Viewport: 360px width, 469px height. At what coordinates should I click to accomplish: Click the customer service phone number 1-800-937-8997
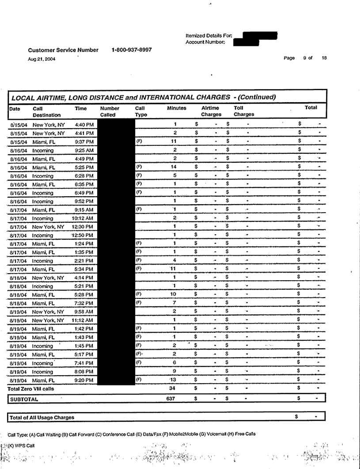(x=132, y=50)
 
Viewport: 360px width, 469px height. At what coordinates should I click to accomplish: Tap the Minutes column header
(x=176, y=108)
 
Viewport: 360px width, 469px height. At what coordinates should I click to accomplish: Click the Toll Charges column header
(x=243, y=111)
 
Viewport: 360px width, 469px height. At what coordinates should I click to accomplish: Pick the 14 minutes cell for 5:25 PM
(x=175, y=167)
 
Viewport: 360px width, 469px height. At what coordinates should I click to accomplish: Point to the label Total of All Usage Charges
(x=42, y=417)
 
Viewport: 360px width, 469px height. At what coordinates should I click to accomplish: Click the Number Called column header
(x=110, y=111)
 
